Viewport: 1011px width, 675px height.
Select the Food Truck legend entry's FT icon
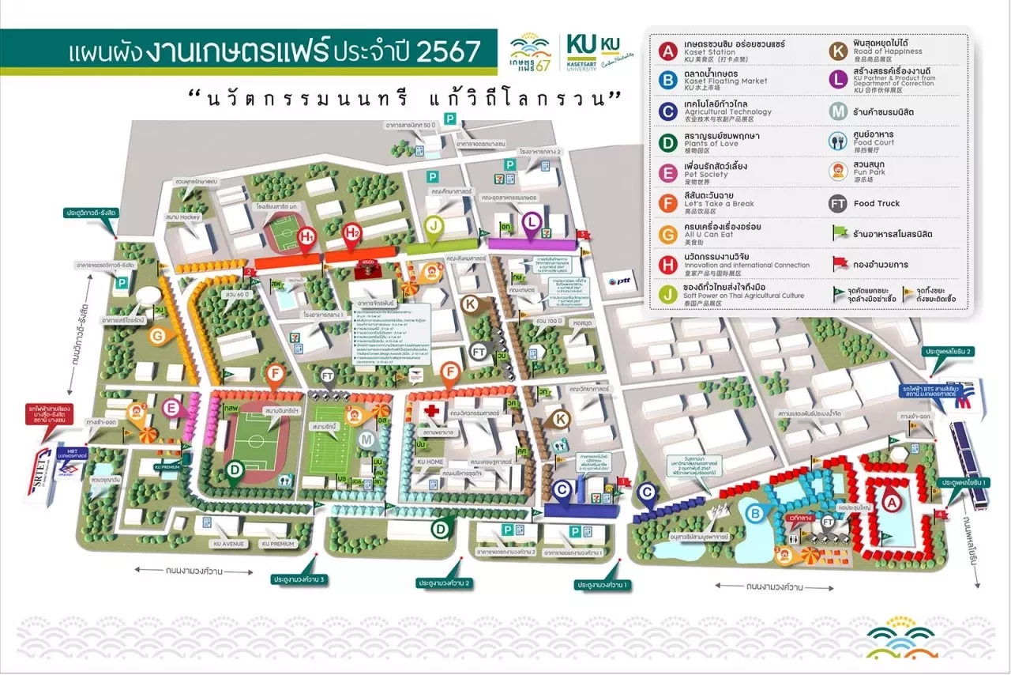pyautogui.click(x=838, y=203)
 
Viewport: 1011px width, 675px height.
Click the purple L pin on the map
pyautogui.click(x=532, y=222)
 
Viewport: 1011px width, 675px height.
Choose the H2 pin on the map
pyautogui.click(x=352, y=232)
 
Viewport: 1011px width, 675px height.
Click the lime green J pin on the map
pyautogui.click(x=434, y=225)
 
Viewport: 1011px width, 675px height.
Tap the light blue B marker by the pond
pyautogui.click(x=756, y=514)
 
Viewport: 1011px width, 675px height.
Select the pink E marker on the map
pyautogui.click(x=171, y=408)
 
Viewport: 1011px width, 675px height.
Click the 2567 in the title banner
pyautogui.click(x=448, y=51)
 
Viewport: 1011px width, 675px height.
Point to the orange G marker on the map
pyautogui.click(x=158, y=336)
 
